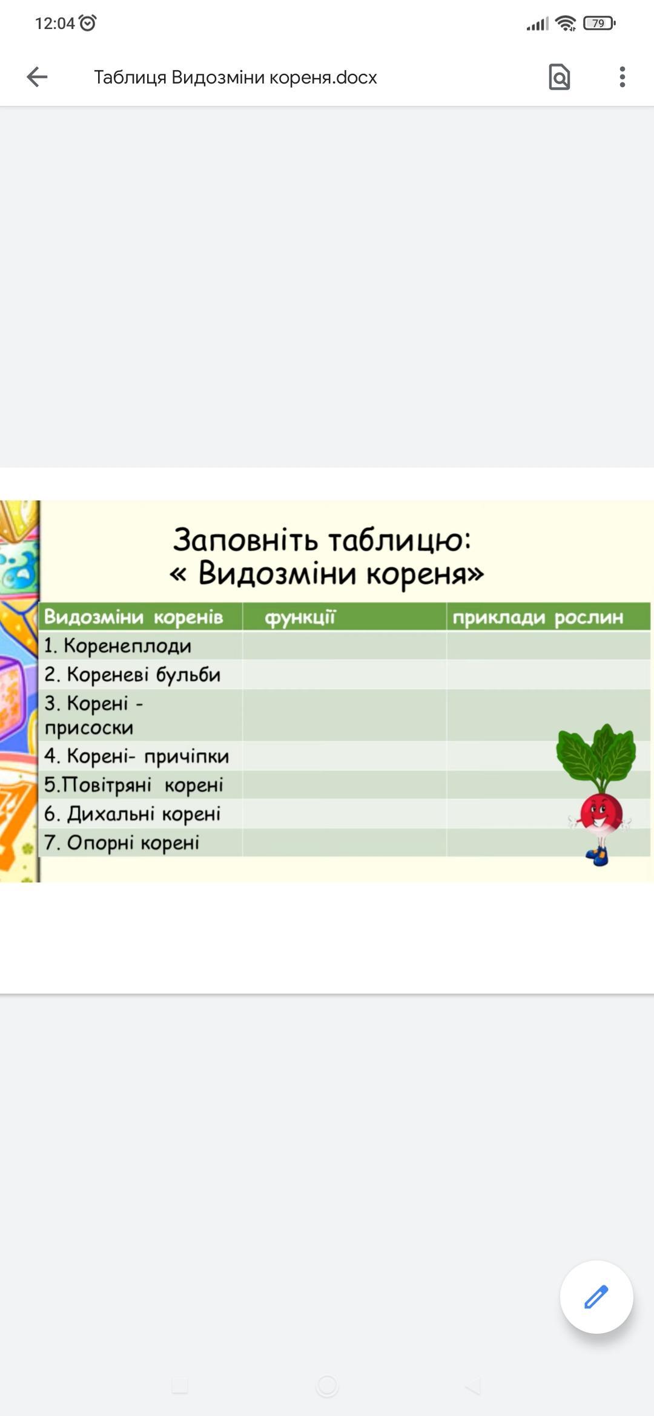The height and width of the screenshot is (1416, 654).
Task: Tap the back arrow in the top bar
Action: point(37,77)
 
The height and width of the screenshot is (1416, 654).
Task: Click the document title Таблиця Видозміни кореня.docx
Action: point(235,77)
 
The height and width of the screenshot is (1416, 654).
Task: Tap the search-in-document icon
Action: point(559,77)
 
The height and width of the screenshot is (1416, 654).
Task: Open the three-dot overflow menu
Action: point(622,77)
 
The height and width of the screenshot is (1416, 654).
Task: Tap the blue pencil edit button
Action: point(596,1297)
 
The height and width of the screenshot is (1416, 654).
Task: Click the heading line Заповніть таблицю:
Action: point(322,539)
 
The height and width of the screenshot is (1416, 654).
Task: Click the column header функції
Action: point(300,617)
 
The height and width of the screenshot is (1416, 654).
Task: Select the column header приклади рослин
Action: point(538,617)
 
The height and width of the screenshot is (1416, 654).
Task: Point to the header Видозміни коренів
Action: point(134,617)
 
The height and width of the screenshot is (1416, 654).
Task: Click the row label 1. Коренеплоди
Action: point(117,646)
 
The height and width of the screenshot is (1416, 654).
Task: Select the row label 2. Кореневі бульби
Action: point(132,674)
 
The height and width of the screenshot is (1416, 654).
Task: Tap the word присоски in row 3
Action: point(89,727)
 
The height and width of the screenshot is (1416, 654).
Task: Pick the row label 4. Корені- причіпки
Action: point(136,756)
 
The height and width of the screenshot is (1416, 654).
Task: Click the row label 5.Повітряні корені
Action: point(133,785)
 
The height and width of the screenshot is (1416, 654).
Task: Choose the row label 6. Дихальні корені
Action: point(132,814)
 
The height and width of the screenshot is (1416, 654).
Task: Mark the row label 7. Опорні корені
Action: point(121,842)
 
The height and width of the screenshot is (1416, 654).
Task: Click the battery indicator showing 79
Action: point(599,24)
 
